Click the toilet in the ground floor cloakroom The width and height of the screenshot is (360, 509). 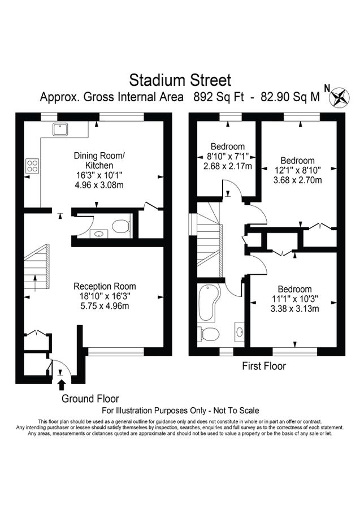120,227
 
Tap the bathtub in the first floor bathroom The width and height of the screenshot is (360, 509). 207,303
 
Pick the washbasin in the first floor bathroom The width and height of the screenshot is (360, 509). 240,332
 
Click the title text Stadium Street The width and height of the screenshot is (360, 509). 180,79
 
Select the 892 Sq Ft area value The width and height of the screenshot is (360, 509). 218,97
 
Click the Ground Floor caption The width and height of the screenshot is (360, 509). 90,399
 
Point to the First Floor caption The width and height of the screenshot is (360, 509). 263,366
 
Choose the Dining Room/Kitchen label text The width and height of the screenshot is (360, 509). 99,160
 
